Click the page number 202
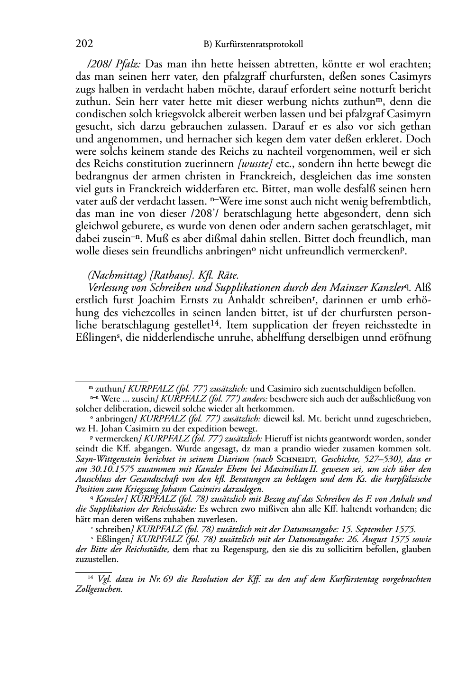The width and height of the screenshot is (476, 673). click(x=84, y=44)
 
